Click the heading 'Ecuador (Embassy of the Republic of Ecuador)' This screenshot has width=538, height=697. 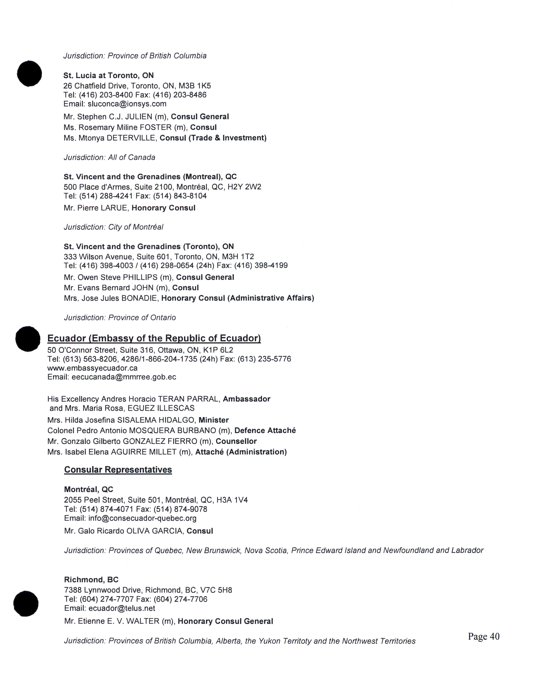pyautogui.click(x=154, y=338)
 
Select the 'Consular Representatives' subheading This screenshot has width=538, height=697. pyautogui.click(x=118, y=470)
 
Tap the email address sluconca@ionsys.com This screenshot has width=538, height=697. pyautogui.click(x=127, y=104)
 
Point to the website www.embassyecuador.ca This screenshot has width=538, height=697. pyautogui.click(x=92, y=368)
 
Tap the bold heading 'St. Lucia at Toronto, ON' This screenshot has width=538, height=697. pyautogui.click(x=108, y=76)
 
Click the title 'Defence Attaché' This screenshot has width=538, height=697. pyautogui.click(x=265, y=430)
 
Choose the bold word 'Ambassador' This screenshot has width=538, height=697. pyautogui.click(x=246, y=399)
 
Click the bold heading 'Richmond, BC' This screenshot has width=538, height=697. pyautogui.click(x=91, y=580)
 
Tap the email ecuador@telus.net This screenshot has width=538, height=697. pyautogui.click(x=122, y=608)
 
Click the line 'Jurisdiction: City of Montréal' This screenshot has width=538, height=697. pyautogui.click(x=114, y=227)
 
